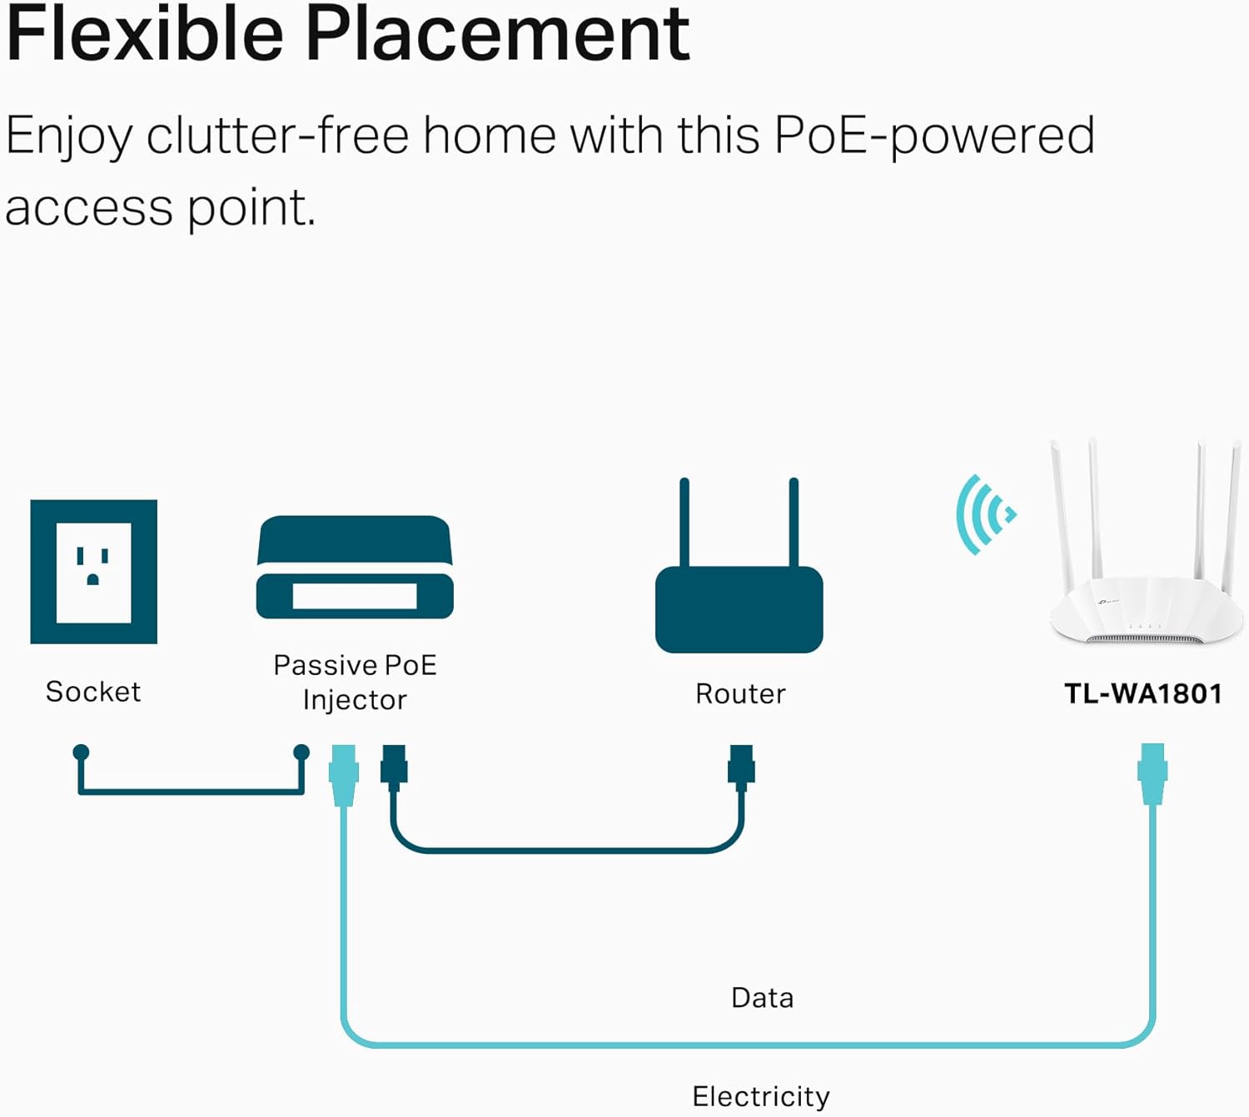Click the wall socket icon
pyautogui.click(x=93, y=572)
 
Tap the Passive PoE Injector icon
pyautogui.click(x=355, y=568)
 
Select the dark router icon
pyautogui.click(x=739, y=608)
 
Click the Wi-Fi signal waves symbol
pyautogui.click(x=984, y=514)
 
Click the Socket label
pyautogui.click(x=93, y=692)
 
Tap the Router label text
pyautogui.click(x=740, y=693)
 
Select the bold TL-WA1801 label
pyautogui.click(x=1143, y=693)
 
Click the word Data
pyautogui.click(x=762, y=997)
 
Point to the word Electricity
pyautogui.click(x=761, y=1096)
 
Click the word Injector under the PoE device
pyautogui.click(x=355, y=700)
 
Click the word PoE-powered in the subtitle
pyautogui.click(x=933, y=136)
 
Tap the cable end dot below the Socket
pyautogui.click(x=81, y=752)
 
